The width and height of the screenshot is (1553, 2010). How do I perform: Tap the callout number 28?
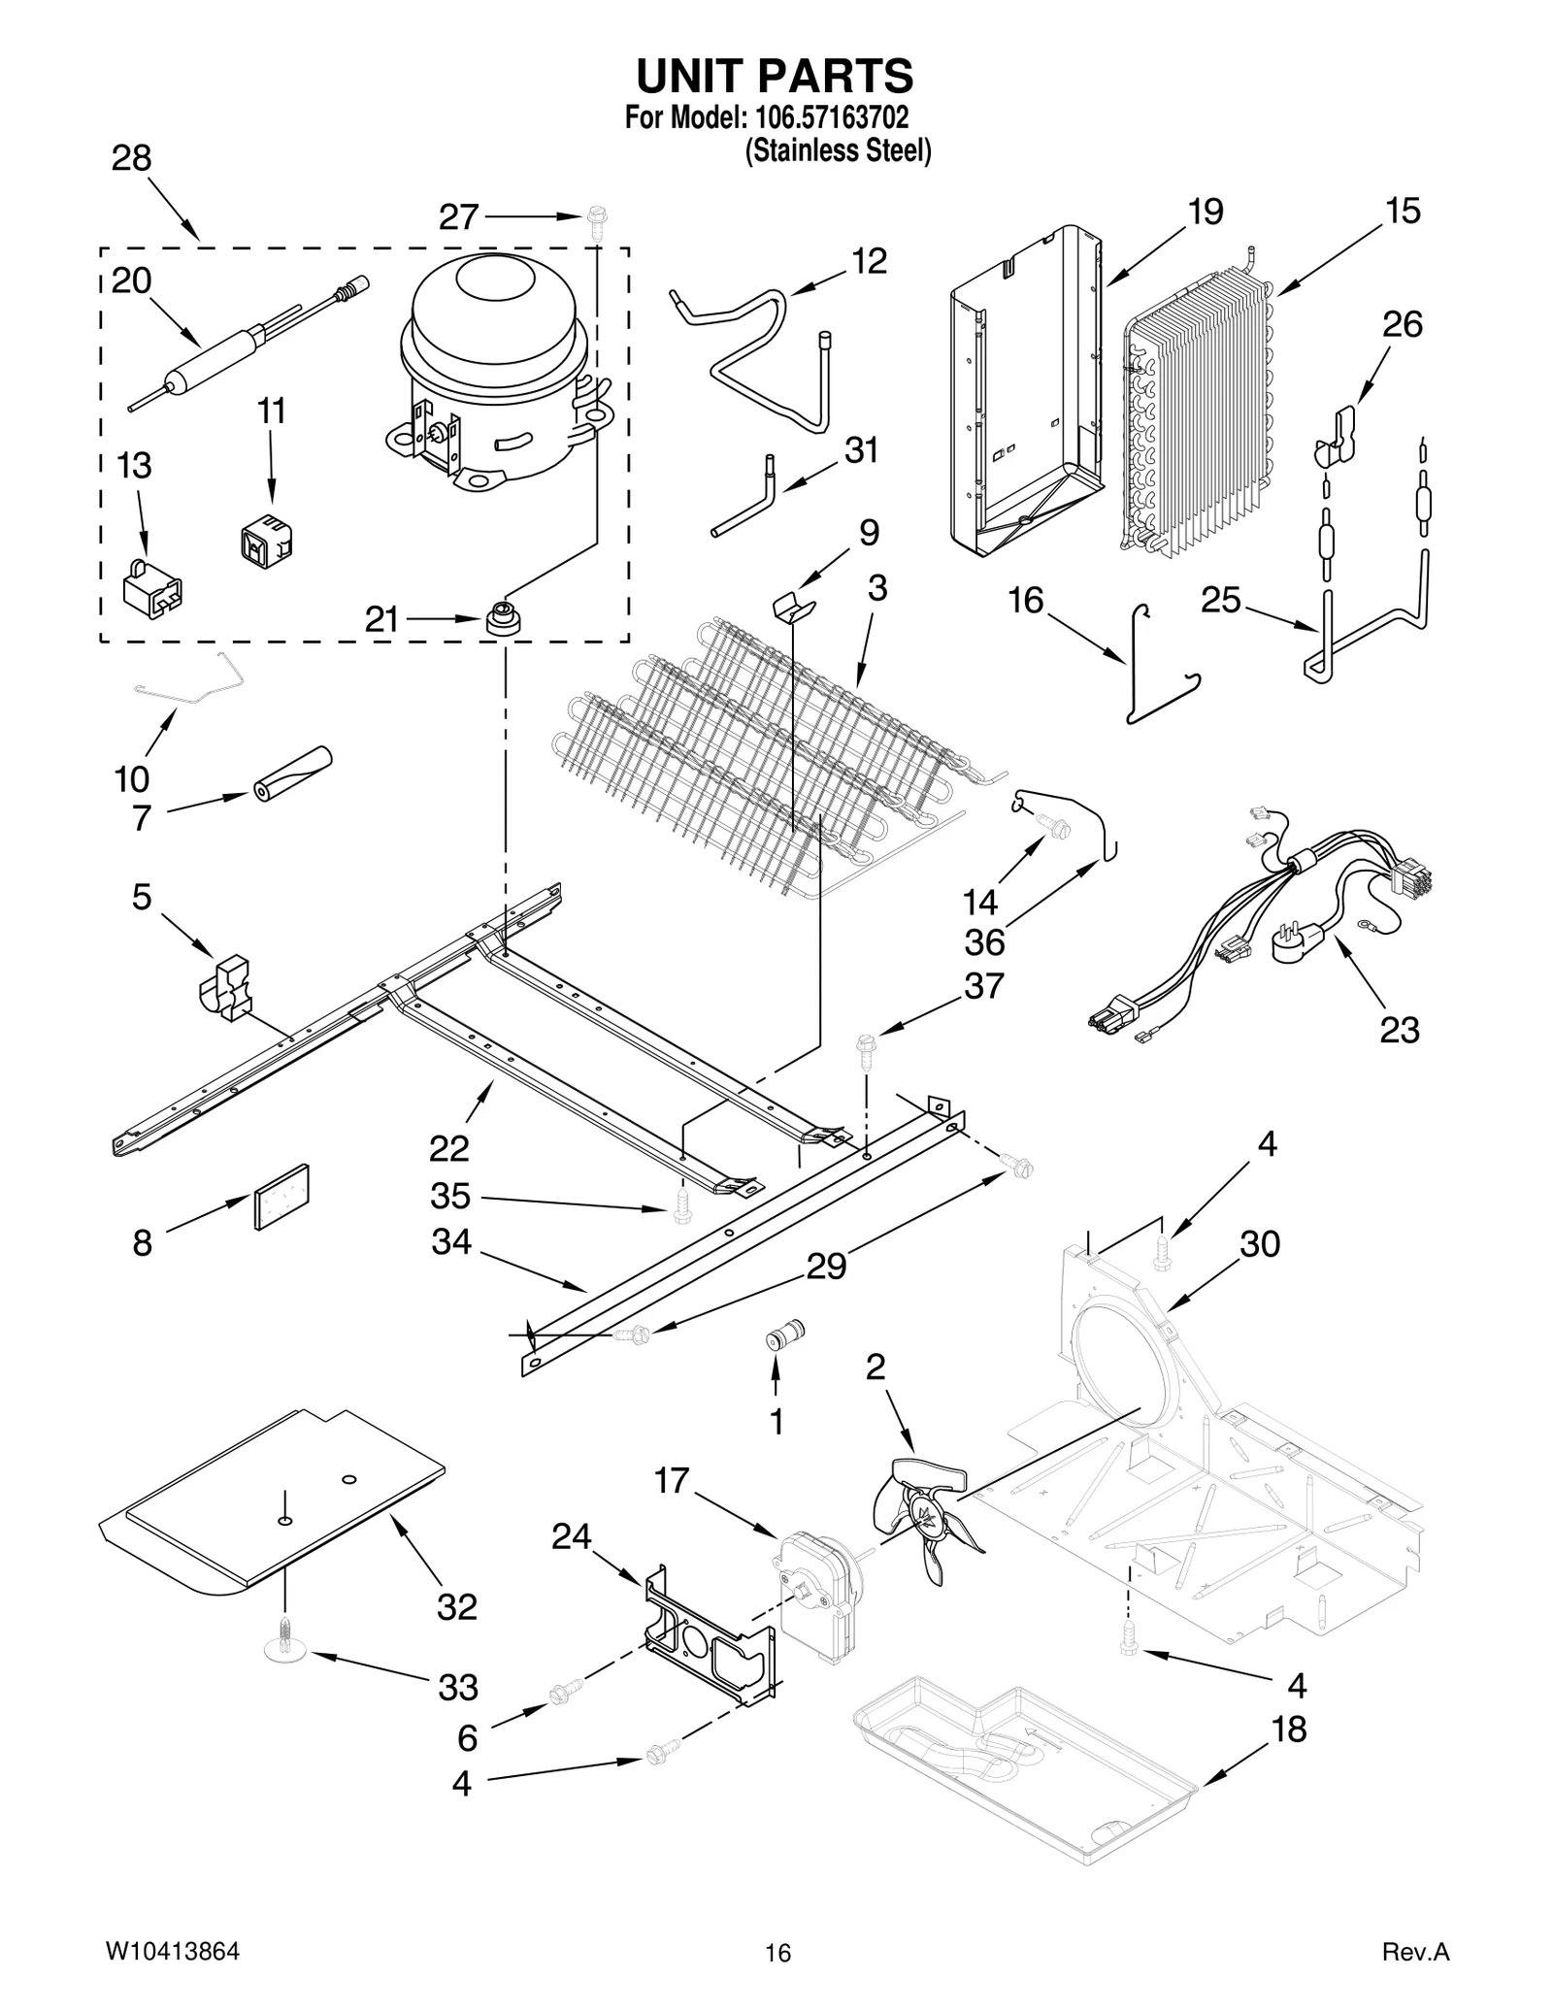click(131, 157)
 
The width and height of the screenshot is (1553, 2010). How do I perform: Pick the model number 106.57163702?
click(828, 118)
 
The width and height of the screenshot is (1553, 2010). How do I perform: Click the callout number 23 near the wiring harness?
click(1399, 1030)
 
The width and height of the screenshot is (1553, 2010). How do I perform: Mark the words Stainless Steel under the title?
click(837, 151)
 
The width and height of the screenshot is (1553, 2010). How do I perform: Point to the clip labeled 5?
click(227, 987)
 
